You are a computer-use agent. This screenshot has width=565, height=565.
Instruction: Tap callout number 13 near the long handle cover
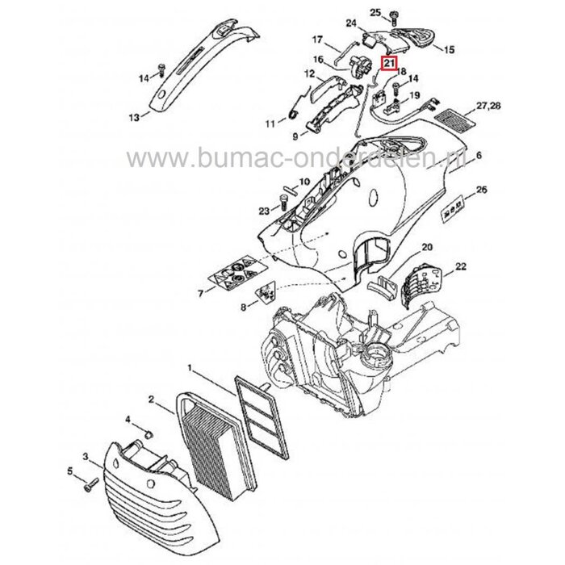(133, 117)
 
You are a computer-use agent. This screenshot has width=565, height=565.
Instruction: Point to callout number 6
(479, 155)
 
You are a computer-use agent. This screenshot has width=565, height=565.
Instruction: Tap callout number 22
(462, 266)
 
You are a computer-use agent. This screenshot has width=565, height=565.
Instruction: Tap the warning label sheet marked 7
(236, 278)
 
